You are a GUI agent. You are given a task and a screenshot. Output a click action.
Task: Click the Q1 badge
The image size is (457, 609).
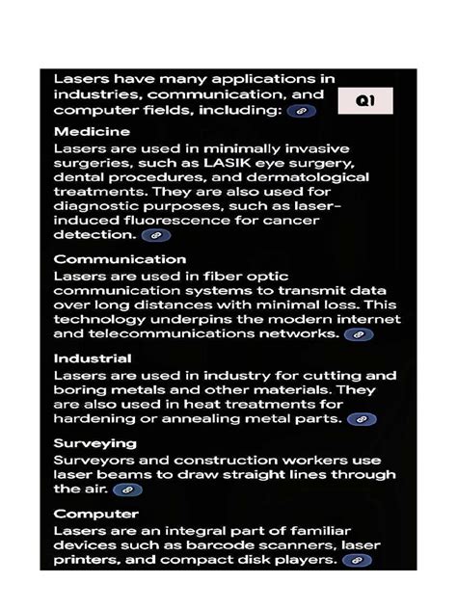pos(364,100)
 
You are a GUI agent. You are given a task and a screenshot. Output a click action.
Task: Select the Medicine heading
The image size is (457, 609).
pos(92,131)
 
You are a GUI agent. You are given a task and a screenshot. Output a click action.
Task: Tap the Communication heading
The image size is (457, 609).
pos(120,259)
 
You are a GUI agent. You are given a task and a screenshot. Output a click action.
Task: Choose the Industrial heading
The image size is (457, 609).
pos(93,358)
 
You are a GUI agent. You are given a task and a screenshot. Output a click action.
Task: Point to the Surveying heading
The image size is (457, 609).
pos(94,443)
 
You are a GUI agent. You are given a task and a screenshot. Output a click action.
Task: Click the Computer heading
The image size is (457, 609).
pos(95,514)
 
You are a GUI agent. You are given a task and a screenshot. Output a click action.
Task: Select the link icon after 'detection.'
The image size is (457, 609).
pos(155,234)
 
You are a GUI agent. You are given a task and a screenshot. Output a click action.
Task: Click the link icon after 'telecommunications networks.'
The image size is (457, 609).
pos(358,334)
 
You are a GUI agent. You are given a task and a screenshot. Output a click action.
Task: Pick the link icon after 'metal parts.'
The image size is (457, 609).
pos(362,419)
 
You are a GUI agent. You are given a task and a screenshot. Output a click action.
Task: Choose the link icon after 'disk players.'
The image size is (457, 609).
pos(357,560)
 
